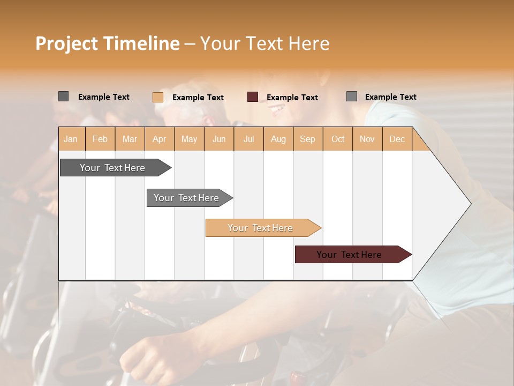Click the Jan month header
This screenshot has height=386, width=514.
71,139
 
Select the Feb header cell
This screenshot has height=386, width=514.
100,139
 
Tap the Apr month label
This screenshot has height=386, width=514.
160,139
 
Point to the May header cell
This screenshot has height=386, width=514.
189,139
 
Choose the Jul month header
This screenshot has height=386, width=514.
249,139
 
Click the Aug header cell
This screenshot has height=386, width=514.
278,139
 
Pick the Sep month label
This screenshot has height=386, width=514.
308,139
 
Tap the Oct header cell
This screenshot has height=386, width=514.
338,139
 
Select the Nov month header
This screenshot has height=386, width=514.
367,139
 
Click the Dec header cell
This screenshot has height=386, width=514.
397,139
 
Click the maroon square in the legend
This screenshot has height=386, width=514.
253,97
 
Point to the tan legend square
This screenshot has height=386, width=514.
158,97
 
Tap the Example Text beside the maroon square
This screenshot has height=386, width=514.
292,98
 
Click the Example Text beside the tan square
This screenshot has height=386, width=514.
198,98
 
